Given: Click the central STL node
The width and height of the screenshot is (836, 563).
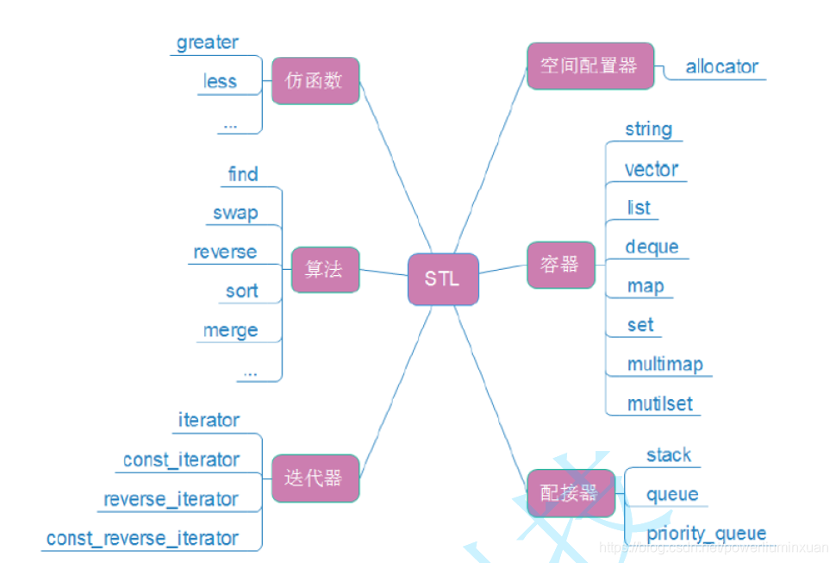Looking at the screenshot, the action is (x=443, y=278).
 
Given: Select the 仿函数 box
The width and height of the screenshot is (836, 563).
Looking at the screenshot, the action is (x=315, y=81).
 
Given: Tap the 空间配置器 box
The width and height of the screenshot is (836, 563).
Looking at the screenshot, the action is (x=590, y=66).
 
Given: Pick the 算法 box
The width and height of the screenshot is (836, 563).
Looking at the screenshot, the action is (x=324, y=269).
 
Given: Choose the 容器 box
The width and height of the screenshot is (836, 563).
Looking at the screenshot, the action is (x=560, y=264).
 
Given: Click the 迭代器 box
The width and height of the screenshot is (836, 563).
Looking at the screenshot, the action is (x=315, y=479).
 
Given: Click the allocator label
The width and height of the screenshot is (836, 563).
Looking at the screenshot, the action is (x=722, y=66).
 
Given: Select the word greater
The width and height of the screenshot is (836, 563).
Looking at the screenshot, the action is (x=208, y=42).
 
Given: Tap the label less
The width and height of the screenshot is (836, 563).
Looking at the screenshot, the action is (x=220, y=81).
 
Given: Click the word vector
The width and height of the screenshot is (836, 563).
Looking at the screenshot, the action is (x=652, y=169).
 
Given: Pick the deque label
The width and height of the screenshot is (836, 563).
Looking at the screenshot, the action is (x=652, y=247).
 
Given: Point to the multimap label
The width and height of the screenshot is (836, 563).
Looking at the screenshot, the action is (x=664, y=364).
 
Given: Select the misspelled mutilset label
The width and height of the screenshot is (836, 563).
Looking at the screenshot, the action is (x=660, y=403).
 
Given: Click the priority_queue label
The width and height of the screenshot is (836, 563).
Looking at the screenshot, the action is (x=706, y=533).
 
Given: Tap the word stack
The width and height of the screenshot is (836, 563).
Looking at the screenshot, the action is (x=669, y=454).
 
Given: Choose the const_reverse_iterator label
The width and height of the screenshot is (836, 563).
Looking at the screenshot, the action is (x=142, y=538).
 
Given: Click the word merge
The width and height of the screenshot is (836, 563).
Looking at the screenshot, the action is (x=230, y=330).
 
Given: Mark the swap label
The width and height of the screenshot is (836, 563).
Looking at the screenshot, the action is (x=235, y=213).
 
